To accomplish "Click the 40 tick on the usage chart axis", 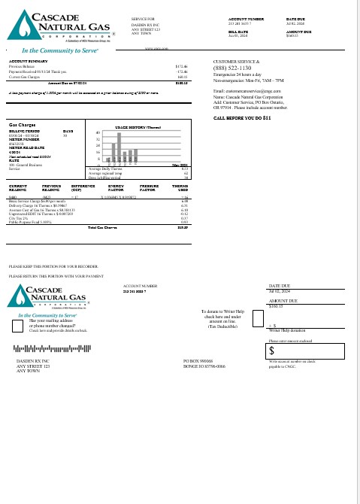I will [x=98, y=132].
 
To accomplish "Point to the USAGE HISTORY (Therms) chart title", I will [x=135, y=127].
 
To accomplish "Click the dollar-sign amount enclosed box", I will [x=309, y=351].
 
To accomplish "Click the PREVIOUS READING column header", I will [x=52, y=188].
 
